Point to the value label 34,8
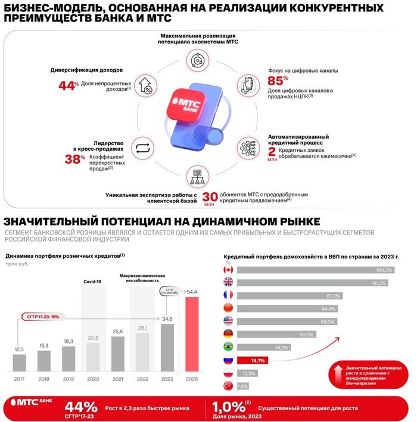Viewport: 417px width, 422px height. pos(167,320)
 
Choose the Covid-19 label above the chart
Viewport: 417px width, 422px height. pos(93,281)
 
